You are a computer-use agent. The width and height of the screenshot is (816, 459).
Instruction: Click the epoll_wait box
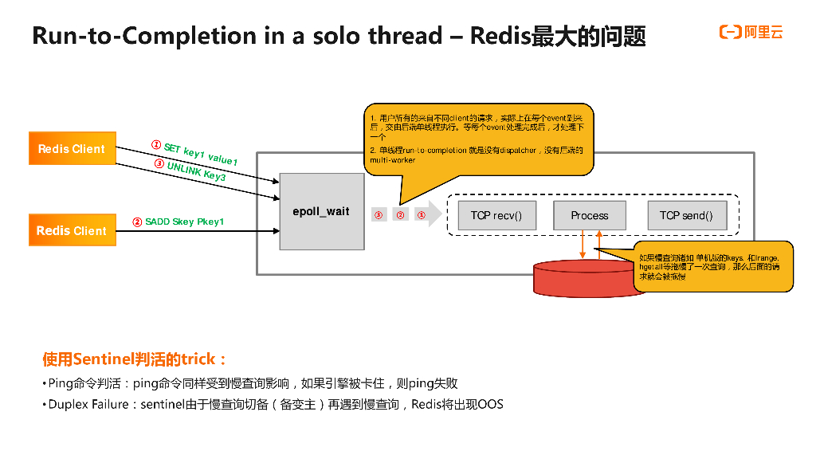(x=321, y=212)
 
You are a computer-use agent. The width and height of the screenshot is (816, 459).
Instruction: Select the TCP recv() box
(x=496, y=215)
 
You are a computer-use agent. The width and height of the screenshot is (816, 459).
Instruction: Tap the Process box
(x=590, y=215)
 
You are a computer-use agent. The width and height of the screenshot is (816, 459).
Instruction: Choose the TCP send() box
(x=686, y=215)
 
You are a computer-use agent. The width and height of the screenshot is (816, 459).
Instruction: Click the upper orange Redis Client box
(x=72, y=149)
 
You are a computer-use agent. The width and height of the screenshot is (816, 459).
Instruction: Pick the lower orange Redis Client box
(x=72, y=230)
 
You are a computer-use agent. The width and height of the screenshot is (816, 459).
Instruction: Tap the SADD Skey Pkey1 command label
(x=184, y=222)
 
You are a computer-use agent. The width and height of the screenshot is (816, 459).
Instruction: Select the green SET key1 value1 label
(x=200, y=154)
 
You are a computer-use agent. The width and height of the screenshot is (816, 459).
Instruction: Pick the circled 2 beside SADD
(x=137, y=222)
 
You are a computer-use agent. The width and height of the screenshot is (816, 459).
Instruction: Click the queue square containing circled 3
(x=379, y=215)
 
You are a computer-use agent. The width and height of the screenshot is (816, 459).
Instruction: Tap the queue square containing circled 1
(x=422, y=215)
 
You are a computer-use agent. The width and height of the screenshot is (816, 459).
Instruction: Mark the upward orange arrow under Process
(x=600, y=244)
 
